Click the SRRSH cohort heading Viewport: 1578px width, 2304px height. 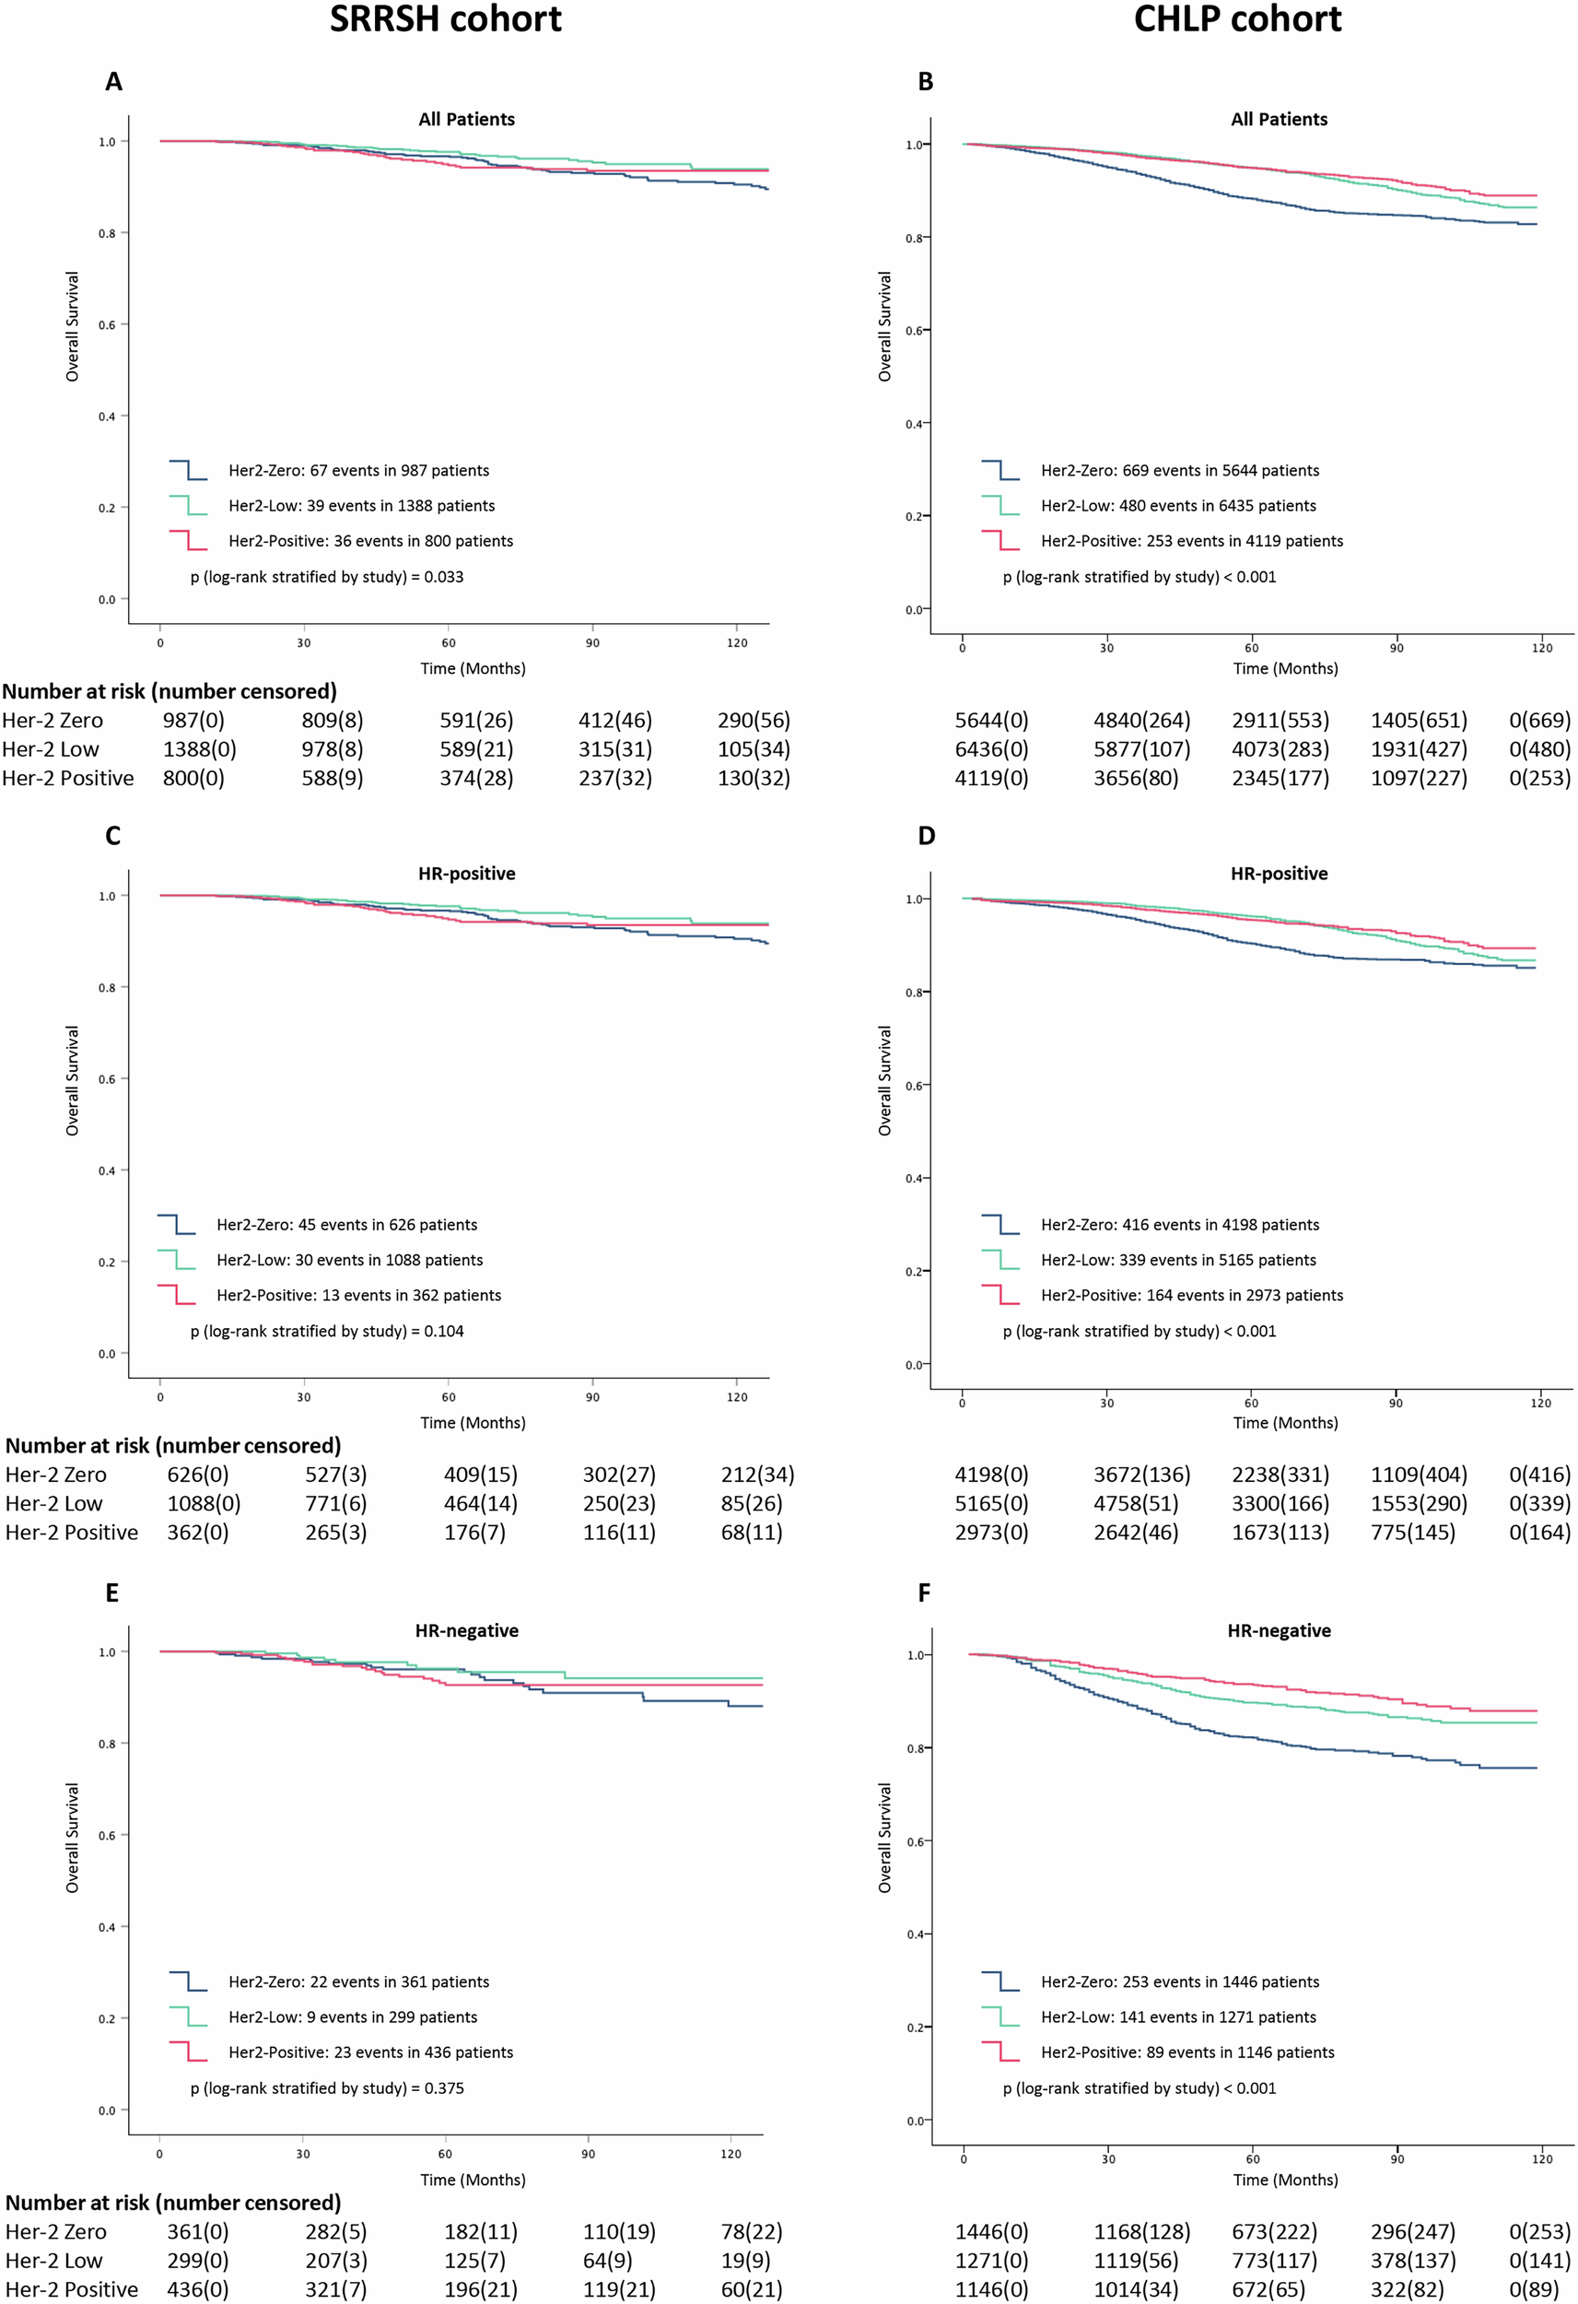(x=445, y=20)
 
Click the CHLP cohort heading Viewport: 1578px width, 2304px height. (x=1237, y=20)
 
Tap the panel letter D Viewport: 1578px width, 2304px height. (x=926, y=836)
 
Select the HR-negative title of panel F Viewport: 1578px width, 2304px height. (x=1279, y=1631)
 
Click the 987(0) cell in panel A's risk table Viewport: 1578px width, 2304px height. (x=193, y=721)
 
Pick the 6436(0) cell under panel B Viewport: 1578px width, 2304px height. (x=991, y=749)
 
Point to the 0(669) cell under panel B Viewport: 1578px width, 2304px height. (x=1539, y=721)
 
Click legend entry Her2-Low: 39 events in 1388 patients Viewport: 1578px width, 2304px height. (x=361, y=506)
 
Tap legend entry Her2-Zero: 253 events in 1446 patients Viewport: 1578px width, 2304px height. (x=1179, y=1981)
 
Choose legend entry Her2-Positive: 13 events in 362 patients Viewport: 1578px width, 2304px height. (x=359, y=1296)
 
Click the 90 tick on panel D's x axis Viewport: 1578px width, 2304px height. (x=1395, y=1403)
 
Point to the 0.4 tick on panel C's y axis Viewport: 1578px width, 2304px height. (x=106, y=1170)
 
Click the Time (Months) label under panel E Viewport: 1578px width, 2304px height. (x=473, y=2181)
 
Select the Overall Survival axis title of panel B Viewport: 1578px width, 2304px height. (x=885, y=326)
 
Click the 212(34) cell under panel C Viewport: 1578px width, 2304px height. (x=757, y=1475)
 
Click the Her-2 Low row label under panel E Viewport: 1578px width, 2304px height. (x=53, y=2262)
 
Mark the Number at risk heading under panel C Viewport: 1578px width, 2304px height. (x=172, y=1445)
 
